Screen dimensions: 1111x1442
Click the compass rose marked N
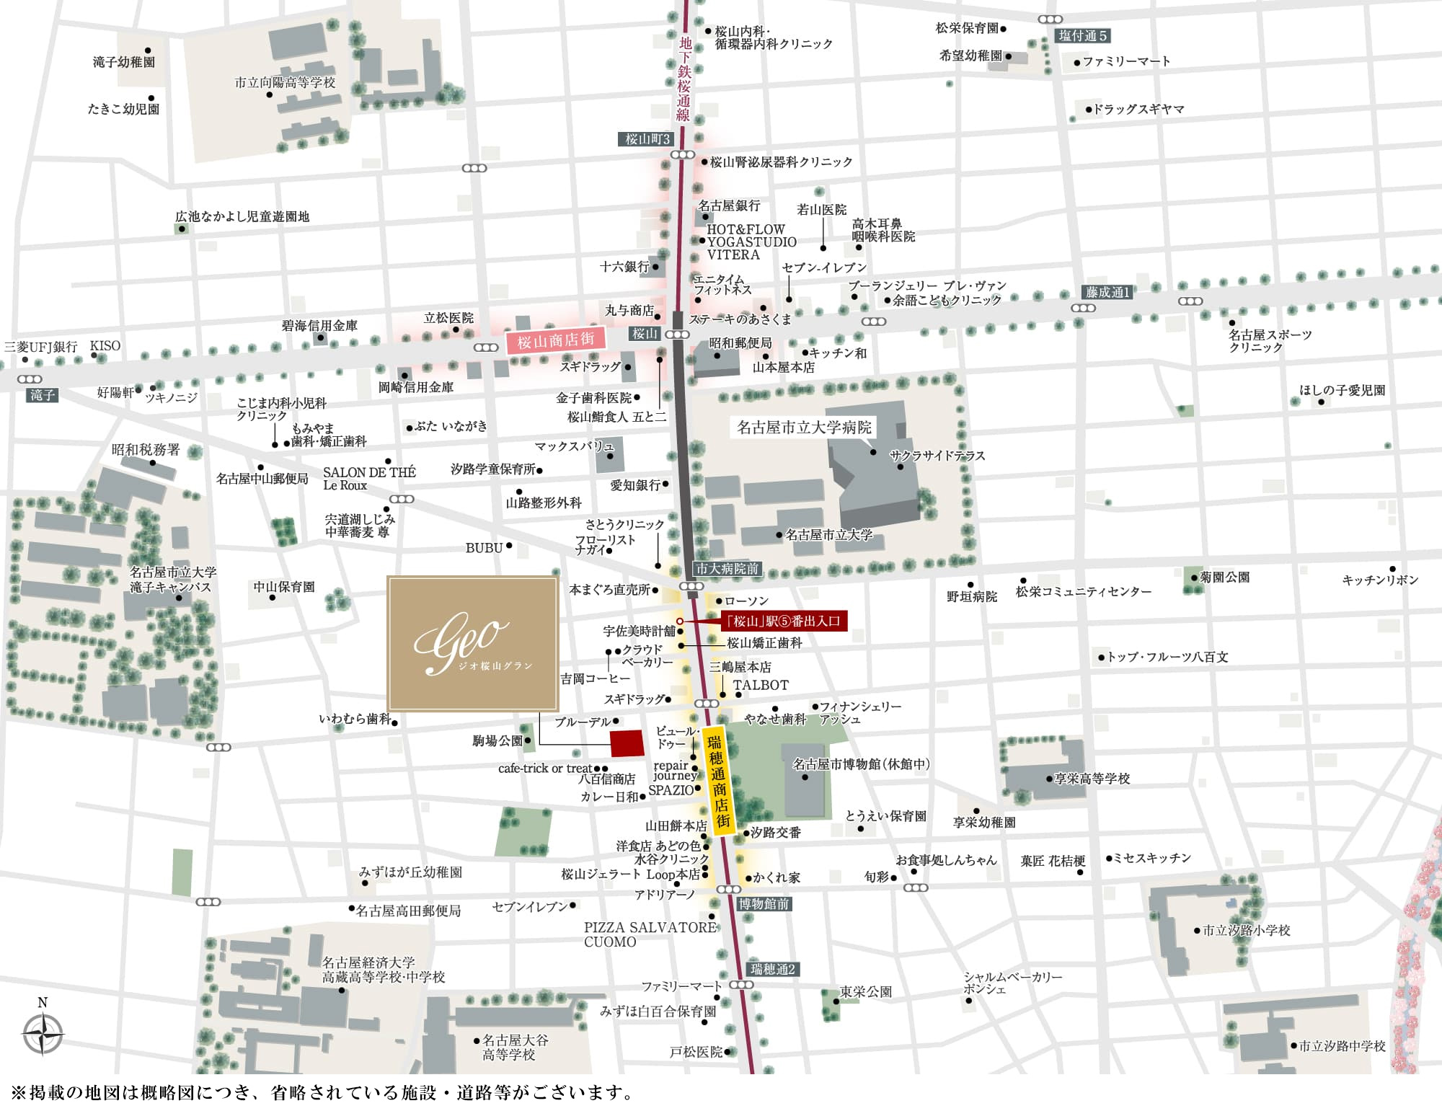pyautogui.click(x=43, y=1032)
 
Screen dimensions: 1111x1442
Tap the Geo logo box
pyautogui.click(x=472, y=643)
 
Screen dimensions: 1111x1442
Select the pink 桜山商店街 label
pyautogui.click(x=555, y=340)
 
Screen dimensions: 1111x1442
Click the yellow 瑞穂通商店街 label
pyautogui.click(x=717, y=782)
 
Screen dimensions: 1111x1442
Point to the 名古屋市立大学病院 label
pyautogui.click(x=804, y=428)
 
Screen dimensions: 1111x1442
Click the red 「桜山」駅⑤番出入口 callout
pyautogui.click(x=783, y=621)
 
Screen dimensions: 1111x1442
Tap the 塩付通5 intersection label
pyautogui.click(x=1082, y=35)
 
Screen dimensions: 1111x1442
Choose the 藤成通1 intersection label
pyautogui.click(x=1108, y=292)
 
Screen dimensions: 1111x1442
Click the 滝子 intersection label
pyautogui.click(x=43, y=394)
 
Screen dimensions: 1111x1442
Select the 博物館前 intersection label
pyautogui.click(x=764, y=903)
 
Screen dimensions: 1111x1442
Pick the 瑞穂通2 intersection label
pyautogui.click(x=772, y=969)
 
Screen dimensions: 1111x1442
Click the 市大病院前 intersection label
pyautogui.click(x=727, y=569)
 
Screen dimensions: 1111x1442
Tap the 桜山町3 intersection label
pyautogui.click(x=647, y=139)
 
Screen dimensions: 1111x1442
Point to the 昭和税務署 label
pyautogui.click(x=145, y=450)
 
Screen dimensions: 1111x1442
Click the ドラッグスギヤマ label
pyautogui.click(x=1138, y=109)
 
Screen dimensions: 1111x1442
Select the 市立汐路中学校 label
pyautogui.click(x=1342, y=1045)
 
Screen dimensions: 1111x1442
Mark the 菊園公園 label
pyautogui.click(x=1224, y=577)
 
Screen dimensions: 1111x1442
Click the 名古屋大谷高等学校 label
pyautogui.click(x=514, y=1047)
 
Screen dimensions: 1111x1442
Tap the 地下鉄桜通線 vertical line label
pyautogui.click(x=684, y=79)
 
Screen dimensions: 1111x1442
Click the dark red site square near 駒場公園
pyautogui.click(x=627, y=743)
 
